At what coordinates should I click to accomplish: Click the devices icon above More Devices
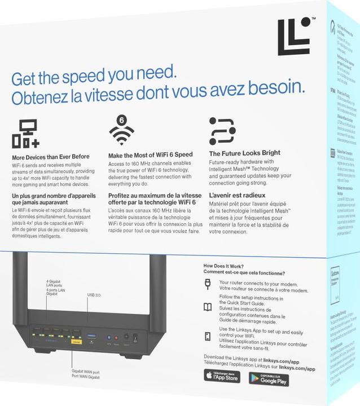25,133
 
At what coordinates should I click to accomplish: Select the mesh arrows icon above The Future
222,130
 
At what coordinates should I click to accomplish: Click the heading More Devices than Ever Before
51,157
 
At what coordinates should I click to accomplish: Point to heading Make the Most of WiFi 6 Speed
150,155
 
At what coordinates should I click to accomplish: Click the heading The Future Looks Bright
244,153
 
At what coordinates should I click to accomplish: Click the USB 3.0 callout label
94,294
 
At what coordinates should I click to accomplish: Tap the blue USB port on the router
91,337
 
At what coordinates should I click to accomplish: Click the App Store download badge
222,376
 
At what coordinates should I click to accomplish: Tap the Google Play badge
269,379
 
